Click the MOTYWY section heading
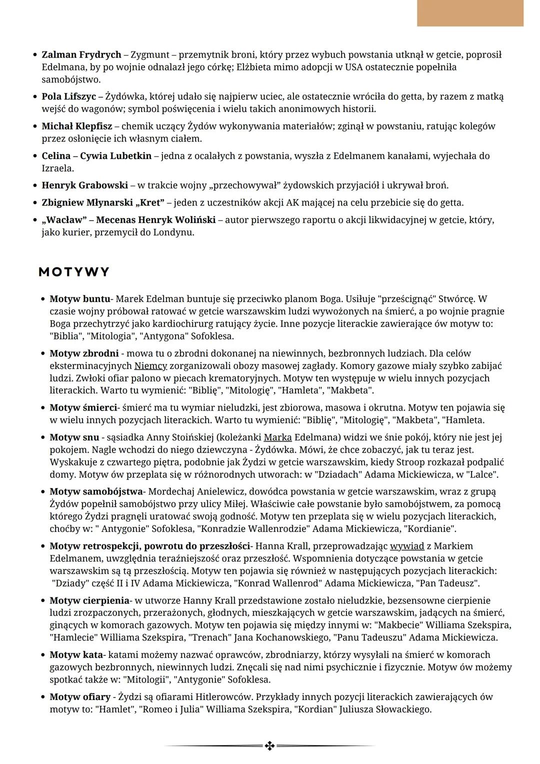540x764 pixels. click(74, 272)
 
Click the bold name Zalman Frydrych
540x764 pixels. click(81, 54)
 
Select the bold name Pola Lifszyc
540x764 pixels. click(68, 96)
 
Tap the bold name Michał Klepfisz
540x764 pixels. click(76, 126)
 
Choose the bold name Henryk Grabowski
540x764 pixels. click(84, 185)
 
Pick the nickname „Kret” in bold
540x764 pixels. click(149, 202)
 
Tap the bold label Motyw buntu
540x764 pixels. click(79, 299)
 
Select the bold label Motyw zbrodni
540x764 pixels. click(84, 353)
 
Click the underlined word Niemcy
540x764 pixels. click(150, 366)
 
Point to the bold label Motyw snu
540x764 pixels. click(74, 437)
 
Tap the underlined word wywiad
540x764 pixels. click(407, 546)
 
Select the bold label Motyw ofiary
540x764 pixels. click(80, 696)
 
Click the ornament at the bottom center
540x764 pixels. click(269, 746)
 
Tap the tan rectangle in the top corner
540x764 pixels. click(470, 13)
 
